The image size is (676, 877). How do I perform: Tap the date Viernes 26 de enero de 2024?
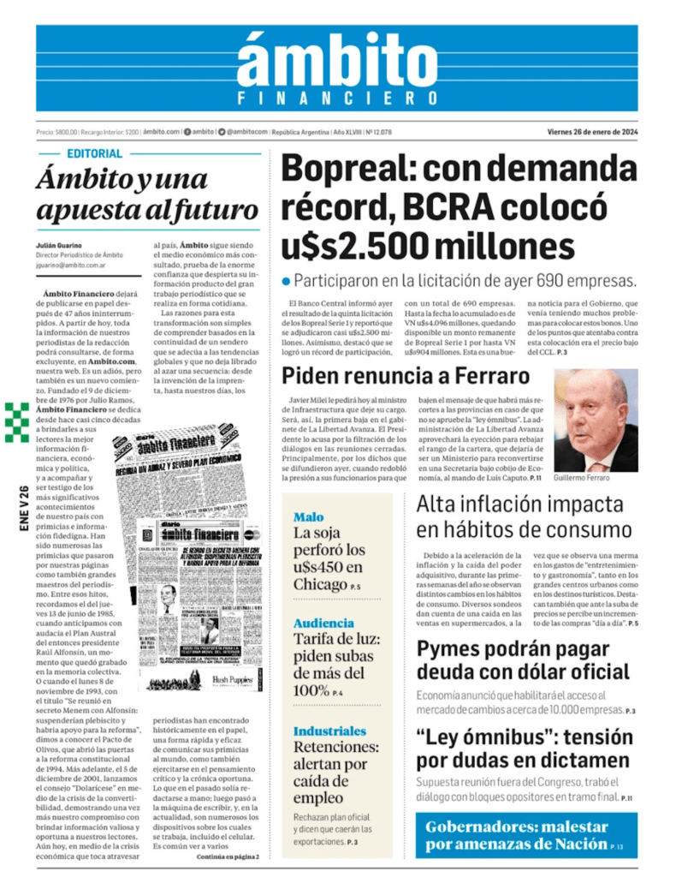[592, 132]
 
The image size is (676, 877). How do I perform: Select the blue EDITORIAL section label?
[94, 154]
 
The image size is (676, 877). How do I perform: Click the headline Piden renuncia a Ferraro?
[406, 375]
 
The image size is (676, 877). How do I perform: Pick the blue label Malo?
[308, 517]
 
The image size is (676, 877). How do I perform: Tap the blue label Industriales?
[329, 731]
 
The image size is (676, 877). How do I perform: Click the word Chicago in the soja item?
[318, 584]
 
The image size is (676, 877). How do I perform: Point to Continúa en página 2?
[227, 856]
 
